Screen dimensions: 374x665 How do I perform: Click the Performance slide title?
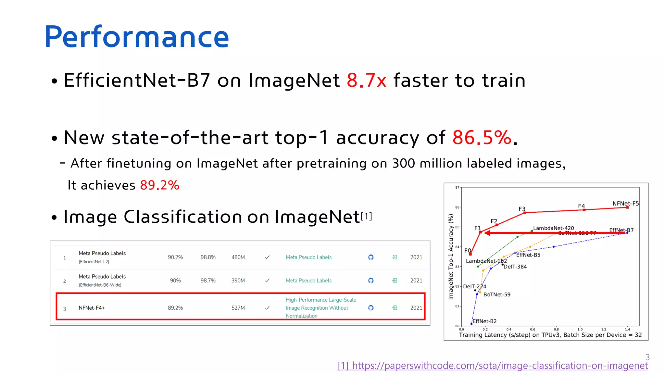tap(137, 37)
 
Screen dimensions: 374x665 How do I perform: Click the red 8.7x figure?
tap(366, 81)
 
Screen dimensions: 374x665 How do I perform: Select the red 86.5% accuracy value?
tap(482, 138)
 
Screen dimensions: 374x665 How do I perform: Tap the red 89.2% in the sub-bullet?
tap(159, 185)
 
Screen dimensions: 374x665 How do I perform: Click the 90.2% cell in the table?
tap(175, 257)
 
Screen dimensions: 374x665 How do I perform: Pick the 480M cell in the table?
tap(238, 257)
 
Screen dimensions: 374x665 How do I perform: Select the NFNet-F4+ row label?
tap(92, 308)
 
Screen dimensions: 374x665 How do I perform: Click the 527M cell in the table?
tap(238, 308)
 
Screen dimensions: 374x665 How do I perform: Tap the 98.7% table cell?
tap(208, 280)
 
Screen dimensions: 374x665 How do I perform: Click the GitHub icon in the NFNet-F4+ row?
tap(371, 308)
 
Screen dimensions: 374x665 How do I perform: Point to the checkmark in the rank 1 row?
tap(267, 257)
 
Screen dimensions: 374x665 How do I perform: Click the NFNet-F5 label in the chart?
tap(625, 204)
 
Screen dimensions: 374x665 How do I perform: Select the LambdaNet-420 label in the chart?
tap(553, 228)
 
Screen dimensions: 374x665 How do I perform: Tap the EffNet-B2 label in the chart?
tap(484, 321)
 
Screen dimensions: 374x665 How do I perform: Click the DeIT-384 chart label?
tap(515, 267)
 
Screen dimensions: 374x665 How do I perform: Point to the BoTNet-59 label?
tap(497, 295)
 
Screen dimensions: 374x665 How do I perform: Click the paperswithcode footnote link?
tap(493, 366)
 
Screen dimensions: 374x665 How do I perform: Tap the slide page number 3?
tap(647, 357)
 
